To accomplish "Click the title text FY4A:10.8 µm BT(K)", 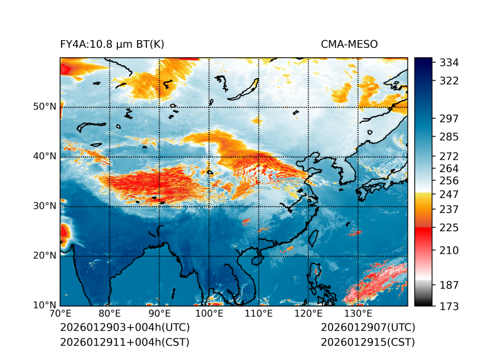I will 112,45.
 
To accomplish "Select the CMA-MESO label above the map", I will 349,45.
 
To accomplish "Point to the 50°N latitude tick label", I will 44,107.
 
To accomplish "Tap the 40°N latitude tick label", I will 44,156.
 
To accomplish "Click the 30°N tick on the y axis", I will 44,206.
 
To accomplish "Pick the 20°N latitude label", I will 44,256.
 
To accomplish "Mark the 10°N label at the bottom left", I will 44,305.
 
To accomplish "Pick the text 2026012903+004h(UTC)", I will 124,328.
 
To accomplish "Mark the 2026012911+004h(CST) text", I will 124,342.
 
